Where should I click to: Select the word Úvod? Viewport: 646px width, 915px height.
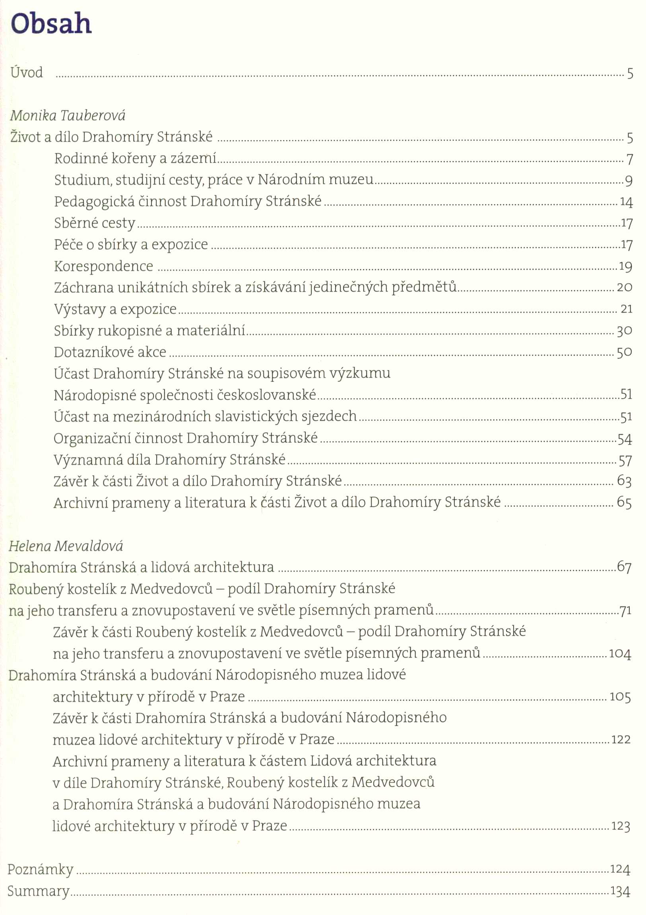coord(27,72)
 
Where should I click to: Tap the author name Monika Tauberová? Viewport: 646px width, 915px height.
coord(68,116)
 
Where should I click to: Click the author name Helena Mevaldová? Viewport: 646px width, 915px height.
coord(66,546)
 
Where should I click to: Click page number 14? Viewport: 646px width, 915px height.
coord(626,202)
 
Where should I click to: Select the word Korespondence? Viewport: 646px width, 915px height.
coord(103,266)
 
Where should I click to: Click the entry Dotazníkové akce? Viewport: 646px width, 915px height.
coord(110,352)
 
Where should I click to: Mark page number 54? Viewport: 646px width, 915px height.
coord(625,439)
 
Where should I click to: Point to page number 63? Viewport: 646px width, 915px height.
coord(624,481)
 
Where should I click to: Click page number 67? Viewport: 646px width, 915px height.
coord(624,567)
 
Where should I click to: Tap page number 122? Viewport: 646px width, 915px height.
coord(621,740)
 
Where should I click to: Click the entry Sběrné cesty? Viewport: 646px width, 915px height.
coord(95,223)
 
